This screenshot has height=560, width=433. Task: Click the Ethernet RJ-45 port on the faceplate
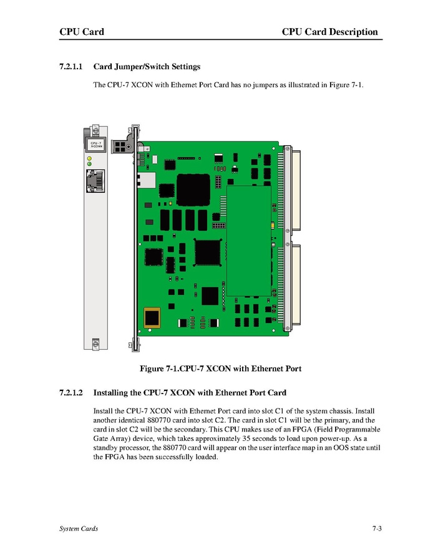click(x=95, y=181)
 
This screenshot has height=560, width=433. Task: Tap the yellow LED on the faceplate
click(x=89, y=158)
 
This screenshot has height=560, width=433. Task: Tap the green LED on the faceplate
click(x=89, y=164)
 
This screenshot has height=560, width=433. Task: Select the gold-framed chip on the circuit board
click(x=152, y=317)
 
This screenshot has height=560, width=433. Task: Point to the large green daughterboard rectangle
click(x=249, y=240)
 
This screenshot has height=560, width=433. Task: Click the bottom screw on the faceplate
click(x=95, y=343)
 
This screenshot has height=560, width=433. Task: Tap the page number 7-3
click(x=376, y=529)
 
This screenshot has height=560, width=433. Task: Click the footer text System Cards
click(x=78, y=529)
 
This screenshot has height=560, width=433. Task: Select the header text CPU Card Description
click(x=329, y=32)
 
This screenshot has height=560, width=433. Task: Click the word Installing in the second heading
click(x=112, y=393)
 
